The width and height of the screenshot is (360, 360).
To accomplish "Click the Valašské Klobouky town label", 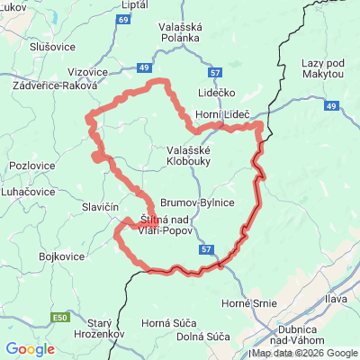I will (x=188, y=157).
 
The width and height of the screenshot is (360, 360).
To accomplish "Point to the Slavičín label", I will (x=101, y=209).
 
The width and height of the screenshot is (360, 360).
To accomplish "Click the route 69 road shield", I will (x=122, y=17).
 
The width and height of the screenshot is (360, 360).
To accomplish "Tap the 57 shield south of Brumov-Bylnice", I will (x=207, y=248).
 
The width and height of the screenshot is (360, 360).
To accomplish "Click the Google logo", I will (x=30, y=349).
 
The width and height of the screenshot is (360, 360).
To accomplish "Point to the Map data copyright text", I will (x=304, y=353).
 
